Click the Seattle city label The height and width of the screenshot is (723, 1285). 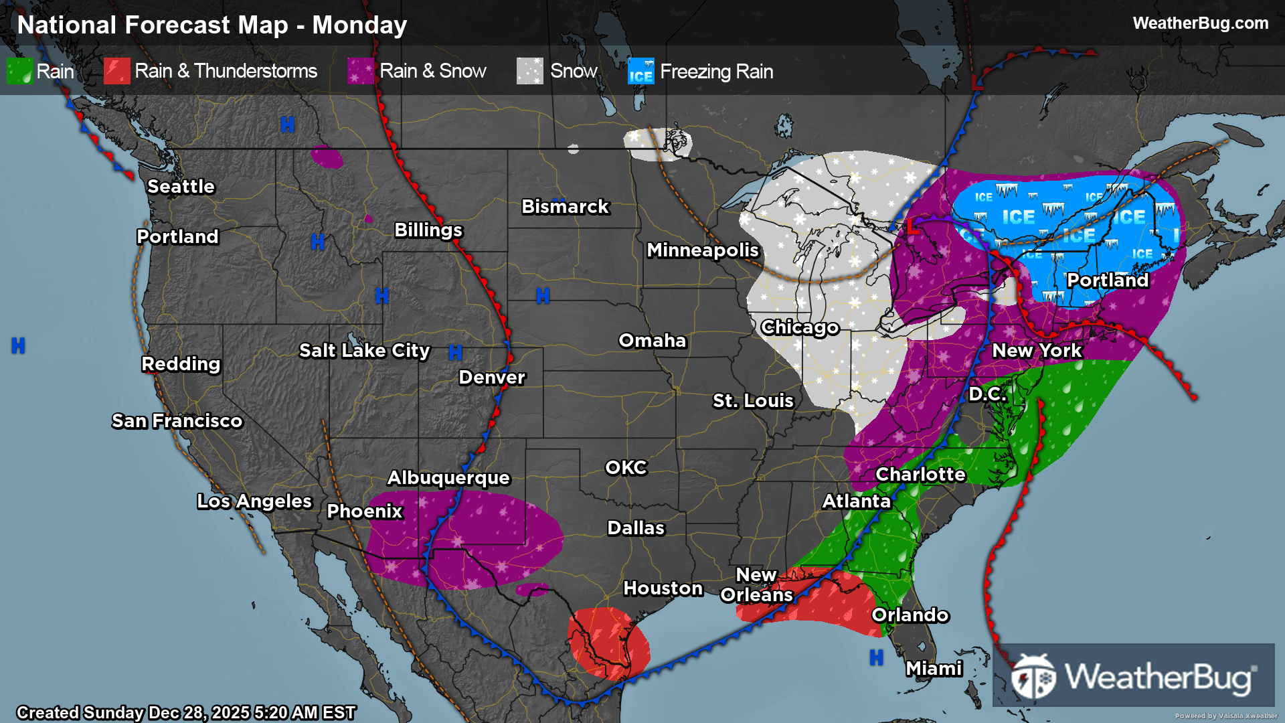point(181,186)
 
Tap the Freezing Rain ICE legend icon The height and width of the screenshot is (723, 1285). point(640,71)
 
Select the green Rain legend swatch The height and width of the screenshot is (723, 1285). point(19,71)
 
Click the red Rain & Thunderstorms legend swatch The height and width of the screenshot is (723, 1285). point(116,71)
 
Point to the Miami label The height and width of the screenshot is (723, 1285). point(934,668)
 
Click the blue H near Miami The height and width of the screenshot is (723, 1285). point(876,658)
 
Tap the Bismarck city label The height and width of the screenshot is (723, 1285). point(565,206)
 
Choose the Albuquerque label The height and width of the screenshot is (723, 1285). point(448,477)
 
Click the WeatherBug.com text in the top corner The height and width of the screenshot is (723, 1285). point(1200,23)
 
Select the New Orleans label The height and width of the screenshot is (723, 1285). point(756,584)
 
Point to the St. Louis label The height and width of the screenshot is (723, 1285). point(752,400)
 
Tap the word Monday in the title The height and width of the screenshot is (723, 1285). point(359,25)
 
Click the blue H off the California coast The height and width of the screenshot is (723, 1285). point(18,345)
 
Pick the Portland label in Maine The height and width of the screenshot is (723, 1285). point(1107,280)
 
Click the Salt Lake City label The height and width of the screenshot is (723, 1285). point(364,350)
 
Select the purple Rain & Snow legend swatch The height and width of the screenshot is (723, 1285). point(361,71)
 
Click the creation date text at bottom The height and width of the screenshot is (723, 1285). point(186,712)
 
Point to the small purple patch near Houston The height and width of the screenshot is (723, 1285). point(532,590)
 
